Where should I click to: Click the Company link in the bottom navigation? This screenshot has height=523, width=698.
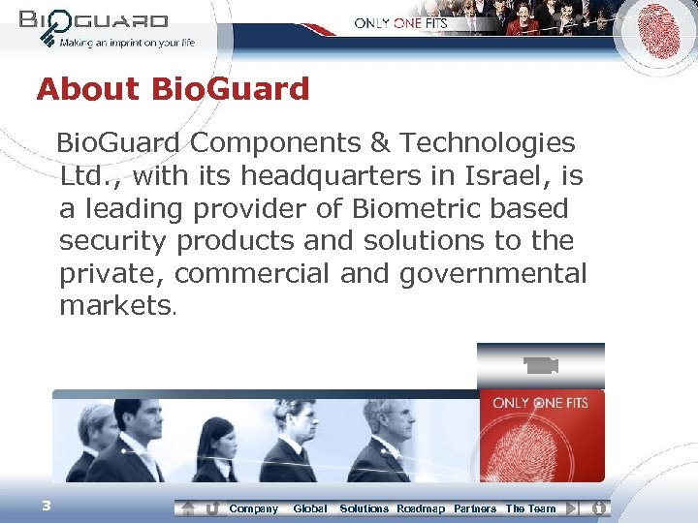point(253,508)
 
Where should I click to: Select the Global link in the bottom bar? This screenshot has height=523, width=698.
point(309,508)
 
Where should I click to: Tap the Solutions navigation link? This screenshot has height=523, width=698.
point(364,508)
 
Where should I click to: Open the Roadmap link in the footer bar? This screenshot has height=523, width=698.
point(421,508)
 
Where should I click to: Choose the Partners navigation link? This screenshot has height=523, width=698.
point(475,508)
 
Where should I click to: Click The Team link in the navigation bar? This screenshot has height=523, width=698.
point(531,508)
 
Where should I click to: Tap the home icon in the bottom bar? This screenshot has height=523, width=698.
point(189,508)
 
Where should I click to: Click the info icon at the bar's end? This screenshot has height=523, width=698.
point(599,508)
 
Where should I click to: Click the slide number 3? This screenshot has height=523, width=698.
point(46,505)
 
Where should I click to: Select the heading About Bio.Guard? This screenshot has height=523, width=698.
point(173,89)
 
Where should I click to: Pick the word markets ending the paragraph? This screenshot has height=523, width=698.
point(114,306)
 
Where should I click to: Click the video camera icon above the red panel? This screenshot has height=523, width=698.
point(540,365)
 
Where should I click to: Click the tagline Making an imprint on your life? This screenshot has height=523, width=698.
point(126,43)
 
